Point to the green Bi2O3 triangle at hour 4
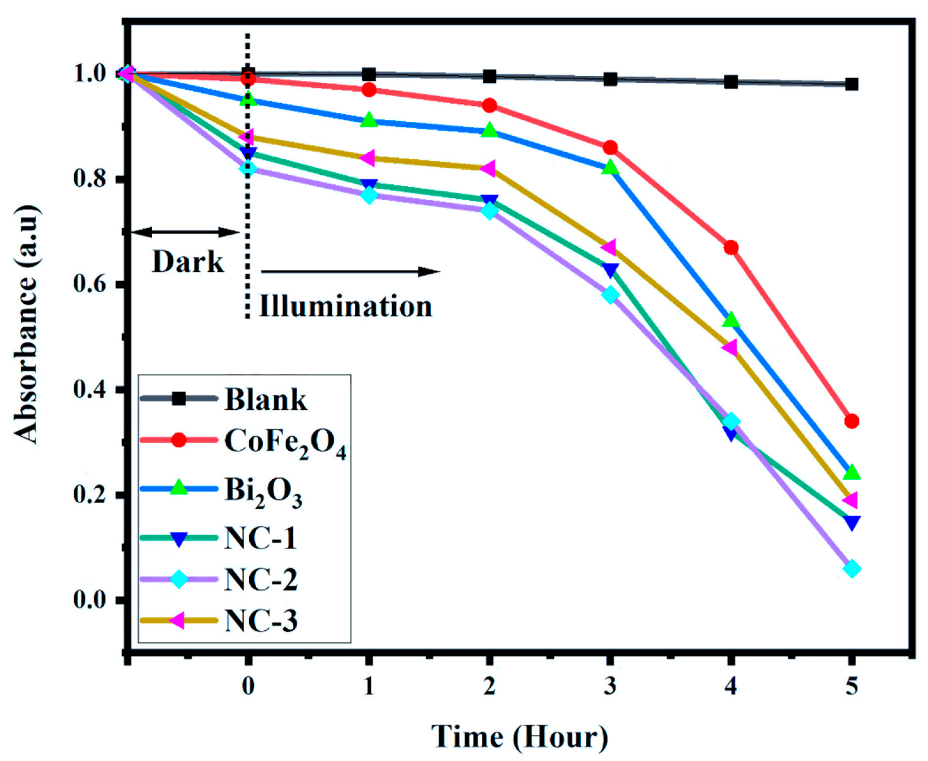pyautogui.click(x=730, y=320)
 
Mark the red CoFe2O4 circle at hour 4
pyautogui.click(x=730, y=248)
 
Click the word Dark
pyautogui.click(x=187, y=263)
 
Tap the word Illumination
pyautogui.click(x=345, y=306)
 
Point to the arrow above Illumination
pyautogui.click(x=350, y=272)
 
